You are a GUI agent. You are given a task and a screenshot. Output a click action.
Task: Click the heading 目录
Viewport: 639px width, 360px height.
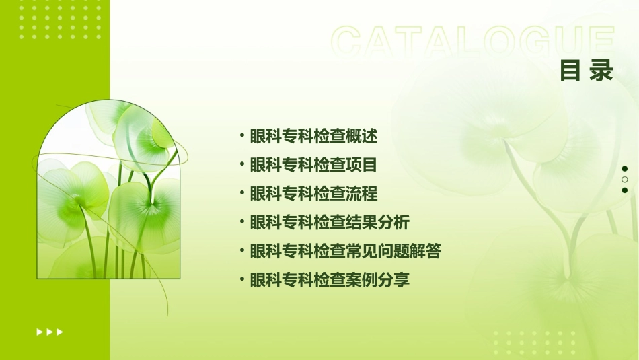pyautogui.click(x=587, y=71)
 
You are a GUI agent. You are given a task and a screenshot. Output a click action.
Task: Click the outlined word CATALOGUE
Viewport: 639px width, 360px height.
pyautogui.click(x=473, y=42)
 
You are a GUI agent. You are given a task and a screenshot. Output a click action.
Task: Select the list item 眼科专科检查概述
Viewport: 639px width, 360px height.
pyautogui.click(x=313, y=137)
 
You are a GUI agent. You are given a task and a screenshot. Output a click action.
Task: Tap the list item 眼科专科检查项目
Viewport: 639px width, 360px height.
pyautogui.click(x=313, y=165)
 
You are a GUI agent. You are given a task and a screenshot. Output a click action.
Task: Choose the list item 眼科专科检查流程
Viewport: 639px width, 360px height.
pyautogui.click(x=313, y=194)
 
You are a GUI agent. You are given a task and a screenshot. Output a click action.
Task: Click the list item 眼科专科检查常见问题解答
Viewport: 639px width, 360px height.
pyautogui.click(x=345, y=251)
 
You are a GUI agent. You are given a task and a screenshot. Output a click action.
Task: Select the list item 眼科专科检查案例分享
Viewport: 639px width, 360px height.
pyautogui.click(x=330, y=279)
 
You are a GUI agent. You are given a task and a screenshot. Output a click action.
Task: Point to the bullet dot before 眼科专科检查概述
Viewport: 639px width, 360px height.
pyautogui.click(x=242, y=137)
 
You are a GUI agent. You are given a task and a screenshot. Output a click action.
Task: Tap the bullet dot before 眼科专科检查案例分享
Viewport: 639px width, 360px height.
pyautogui.click(x=242, y=279)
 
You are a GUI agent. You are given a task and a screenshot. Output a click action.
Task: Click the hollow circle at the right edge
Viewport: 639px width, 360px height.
pyautogui.click(x=624, y=180)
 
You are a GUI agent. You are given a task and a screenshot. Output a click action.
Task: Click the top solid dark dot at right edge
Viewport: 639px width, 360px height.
pyautogui.click(x=624, y=168)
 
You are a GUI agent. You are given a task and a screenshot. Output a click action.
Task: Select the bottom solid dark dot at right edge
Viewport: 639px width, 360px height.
pyautogui.click(x=624, y=190)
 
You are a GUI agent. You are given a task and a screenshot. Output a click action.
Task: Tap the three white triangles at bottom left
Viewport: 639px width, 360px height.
pyautogui.click(x=50, y=332)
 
